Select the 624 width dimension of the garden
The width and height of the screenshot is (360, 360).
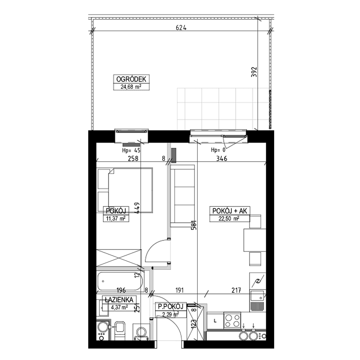pos(180,28)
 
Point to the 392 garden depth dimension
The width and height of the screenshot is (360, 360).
pos(254,72)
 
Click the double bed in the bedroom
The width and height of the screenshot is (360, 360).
pos(125,189)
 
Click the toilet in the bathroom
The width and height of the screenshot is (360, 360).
pos(120,330)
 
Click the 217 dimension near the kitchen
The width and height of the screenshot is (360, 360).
pos(236,290)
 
